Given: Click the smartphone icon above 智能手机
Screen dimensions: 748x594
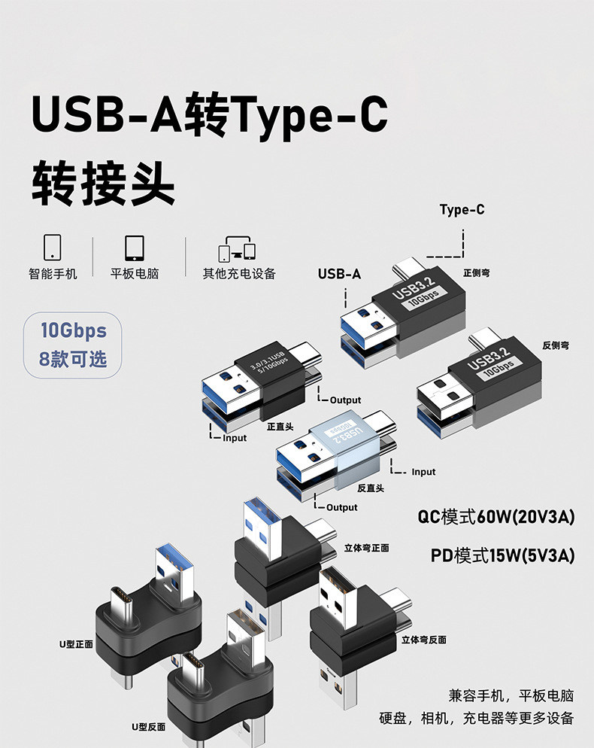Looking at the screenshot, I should [53, 247].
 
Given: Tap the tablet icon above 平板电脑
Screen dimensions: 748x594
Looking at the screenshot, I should [135, 247].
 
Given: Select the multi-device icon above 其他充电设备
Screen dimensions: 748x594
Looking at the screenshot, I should [238, 248].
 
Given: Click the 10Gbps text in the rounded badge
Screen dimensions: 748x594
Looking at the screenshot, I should [73, 330].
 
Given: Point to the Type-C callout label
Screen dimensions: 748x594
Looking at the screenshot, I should [462, 210].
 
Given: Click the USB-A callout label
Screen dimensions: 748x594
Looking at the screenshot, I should [339, 274].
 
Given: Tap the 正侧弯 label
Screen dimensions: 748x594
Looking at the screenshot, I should [477, 272].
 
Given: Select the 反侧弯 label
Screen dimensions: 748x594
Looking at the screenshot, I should [556, 345].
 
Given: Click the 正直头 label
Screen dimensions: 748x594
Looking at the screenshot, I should [280, 427].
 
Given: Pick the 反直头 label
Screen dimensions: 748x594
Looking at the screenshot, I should [371, 488].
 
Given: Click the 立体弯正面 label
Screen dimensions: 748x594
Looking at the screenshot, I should [366, 548].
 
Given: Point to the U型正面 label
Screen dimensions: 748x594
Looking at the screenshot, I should [77, 644].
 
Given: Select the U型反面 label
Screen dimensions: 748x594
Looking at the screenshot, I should [148, 727].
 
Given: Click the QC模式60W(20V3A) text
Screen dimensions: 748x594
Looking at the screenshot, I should [496, 518].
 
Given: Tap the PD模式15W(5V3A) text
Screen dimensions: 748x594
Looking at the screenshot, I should [502, 556].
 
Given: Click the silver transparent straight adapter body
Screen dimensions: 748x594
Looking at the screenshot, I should [344, 445].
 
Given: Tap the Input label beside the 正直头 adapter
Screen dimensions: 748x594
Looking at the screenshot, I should [234, 438].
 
